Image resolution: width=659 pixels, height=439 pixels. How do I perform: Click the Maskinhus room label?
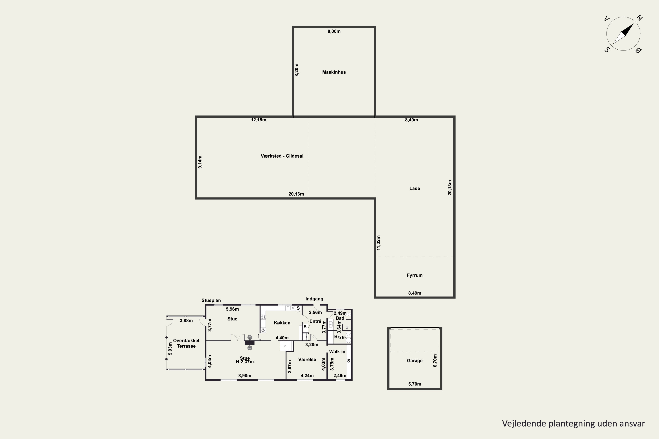(x=334, y=72)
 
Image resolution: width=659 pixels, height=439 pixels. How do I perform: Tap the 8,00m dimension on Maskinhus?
(x=334, y=31)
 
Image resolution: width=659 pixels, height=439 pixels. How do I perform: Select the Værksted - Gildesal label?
(x=282, y=156)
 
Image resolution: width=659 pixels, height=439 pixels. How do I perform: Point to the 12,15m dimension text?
(x=259, y=120)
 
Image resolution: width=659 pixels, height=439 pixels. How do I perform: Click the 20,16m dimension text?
(x=296, y=194)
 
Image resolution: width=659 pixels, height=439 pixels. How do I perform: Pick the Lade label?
(x=415, y=188)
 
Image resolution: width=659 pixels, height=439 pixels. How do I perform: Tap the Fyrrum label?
(x=415, y=275)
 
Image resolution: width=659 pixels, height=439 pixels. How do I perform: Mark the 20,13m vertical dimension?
(x=450, y=188)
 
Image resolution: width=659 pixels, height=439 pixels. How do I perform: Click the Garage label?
(x=415, y=361)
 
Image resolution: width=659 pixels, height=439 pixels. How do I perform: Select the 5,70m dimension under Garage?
(x=415, y=384)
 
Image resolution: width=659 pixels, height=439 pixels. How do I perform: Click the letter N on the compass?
(x=639, y=18)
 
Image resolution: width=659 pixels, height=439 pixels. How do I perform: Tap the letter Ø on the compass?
(x=638, y=50)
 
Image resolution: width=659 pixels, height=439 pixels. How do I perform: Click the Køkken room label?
(x=282, y=323)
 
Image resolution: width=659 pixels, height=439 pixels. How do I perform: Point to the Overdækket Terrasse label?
(x=186, y=343)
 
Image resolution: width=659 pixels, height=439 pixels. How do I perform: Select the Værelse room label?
(x=307, y=360)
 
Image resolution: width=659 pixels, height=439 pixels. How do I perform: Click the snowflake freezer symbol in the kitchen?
(x=263, y=330)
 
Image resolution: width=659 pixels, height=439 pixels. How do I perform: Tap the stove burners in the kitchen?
(x=263, y=317)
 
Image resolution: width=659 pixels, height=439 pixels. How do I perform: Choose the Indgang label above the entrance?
(x=314, y=299)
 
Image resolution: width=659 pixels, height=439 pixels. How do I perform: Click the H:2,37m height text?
(x=245, y=362)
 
